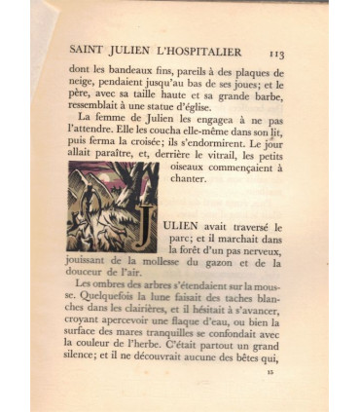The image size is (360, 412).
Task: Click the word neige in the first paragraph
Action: [84, 86]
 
